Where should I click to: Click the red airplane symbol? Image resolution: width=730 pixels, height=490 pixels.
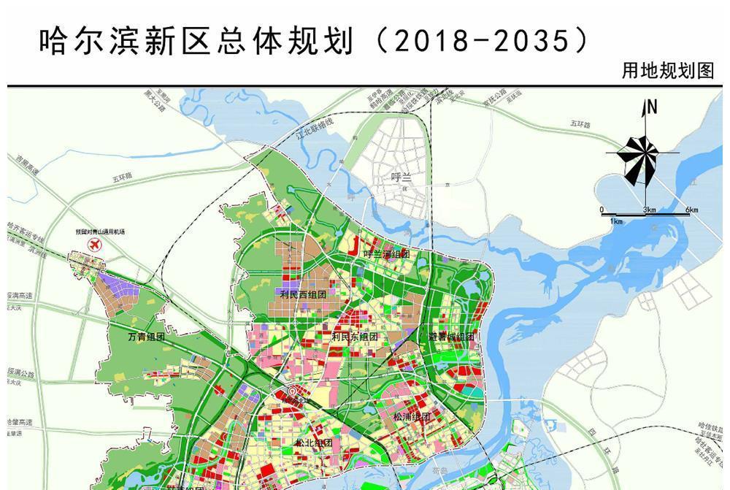coord(93,246)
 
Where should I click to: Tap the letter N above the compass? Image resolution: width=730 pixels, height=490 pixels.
coord(652,107)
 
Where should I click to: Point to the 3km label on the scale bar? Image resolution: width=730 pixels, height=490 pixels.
coord(650,210)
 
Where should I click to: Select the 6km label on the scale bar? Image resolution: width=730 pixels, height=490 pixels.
coord(691,210)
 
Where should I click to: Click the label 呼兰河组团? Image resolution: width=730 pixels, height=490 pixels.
coord(386,253)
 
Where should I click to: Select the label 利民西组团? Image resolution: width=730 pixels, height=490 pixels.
coord(303,294)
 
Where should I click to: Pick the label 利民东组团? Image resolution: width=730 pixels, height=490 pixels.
coord(355,337)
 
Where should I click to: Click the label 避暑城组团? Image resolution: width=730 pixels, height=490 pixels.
coord(451,337)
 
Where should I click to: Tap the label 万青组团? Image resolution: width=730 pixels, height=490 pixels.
coord(147,337)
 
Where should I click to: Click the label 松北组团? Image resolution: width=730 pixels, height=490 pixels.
coord(314,443)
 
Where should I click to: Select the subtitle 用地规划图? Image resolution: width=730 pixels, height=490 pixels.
coord(667,71)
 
